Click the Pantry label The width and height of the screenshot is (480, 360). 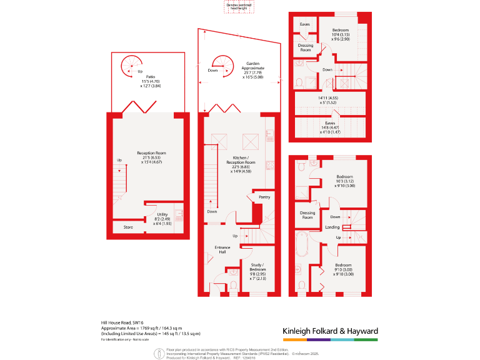[264, 197]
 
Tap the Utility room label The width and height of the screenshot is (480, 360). [162, 214]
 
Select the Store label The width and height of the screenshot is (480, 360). [128, 227]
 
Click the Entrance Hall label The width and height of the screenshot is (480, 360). [222, 249]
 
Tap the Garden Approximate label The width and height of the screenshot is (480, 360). [252, 67]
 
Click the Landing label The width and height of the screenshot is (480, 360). [332, 227]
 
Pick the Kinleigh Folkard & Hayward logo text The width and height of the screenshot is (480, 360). [330, 331]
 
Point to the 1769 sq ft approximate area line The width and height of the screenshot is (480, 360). [150, 328]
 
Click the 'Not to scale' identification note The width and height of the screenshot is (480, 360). [127, 339]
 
